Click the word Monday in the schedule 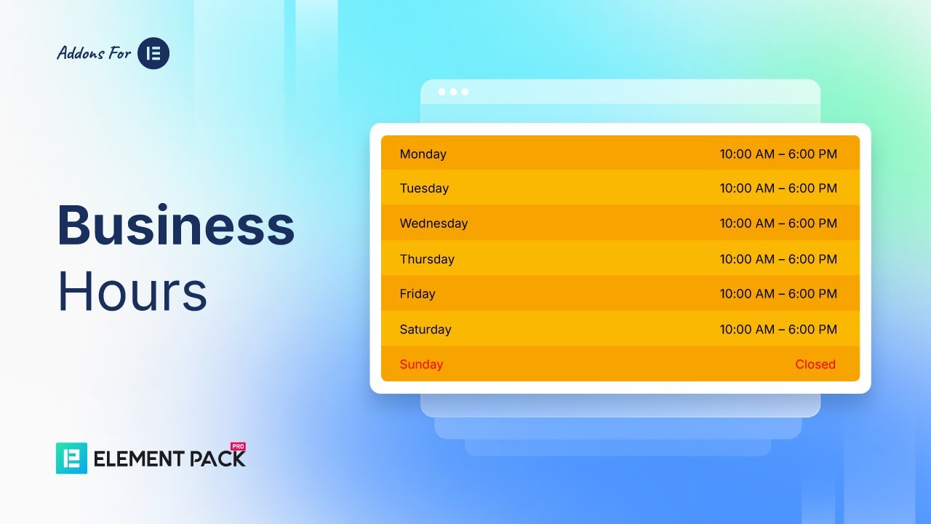tap(423, 154)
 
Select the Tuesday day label tap(424, 188)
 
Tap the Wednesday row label tap(433, 223)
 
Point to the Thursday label tap(427, 259)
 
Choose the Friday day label tap(417, 294)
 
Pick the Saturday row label tap(425, 330)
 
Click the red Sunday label tap(421, 365)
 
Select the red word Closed tap(815, 365)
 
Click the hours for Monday tap(778, 154)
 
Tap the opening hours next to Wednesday tap(778, 223)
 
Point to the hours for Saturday tap(778, 330)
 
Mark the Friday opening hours tap(778, 294)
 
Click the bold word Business tap(176, 226)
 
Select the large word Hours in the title tap(132, 292)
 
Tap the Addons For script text tap(94, 53)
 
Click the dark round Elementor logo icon tap(153, 53)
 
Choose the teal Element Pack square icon tap(71, 458)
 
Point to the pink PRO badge tap(237, 445)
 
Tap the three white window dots tap(453, 92)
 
